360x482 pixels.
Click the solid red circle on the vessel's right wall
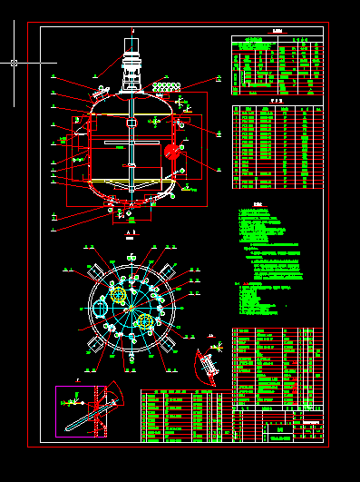tap(171, 152)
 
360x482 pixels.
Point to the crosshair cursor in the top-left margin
tap(14, 63)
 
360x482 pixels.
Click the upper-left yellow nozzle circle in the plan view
tap(118, 294)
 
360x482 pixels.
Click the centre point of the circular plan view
tap(132, 308)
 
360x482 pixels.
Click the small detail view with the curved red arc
tap(208, 362)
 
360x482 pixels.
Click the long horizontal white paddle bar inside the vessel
tap(131, 142)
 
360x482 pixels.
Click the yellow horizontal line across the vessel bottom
tap(131, 182)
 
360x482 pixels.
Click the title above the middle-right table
tap(277, 102)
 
